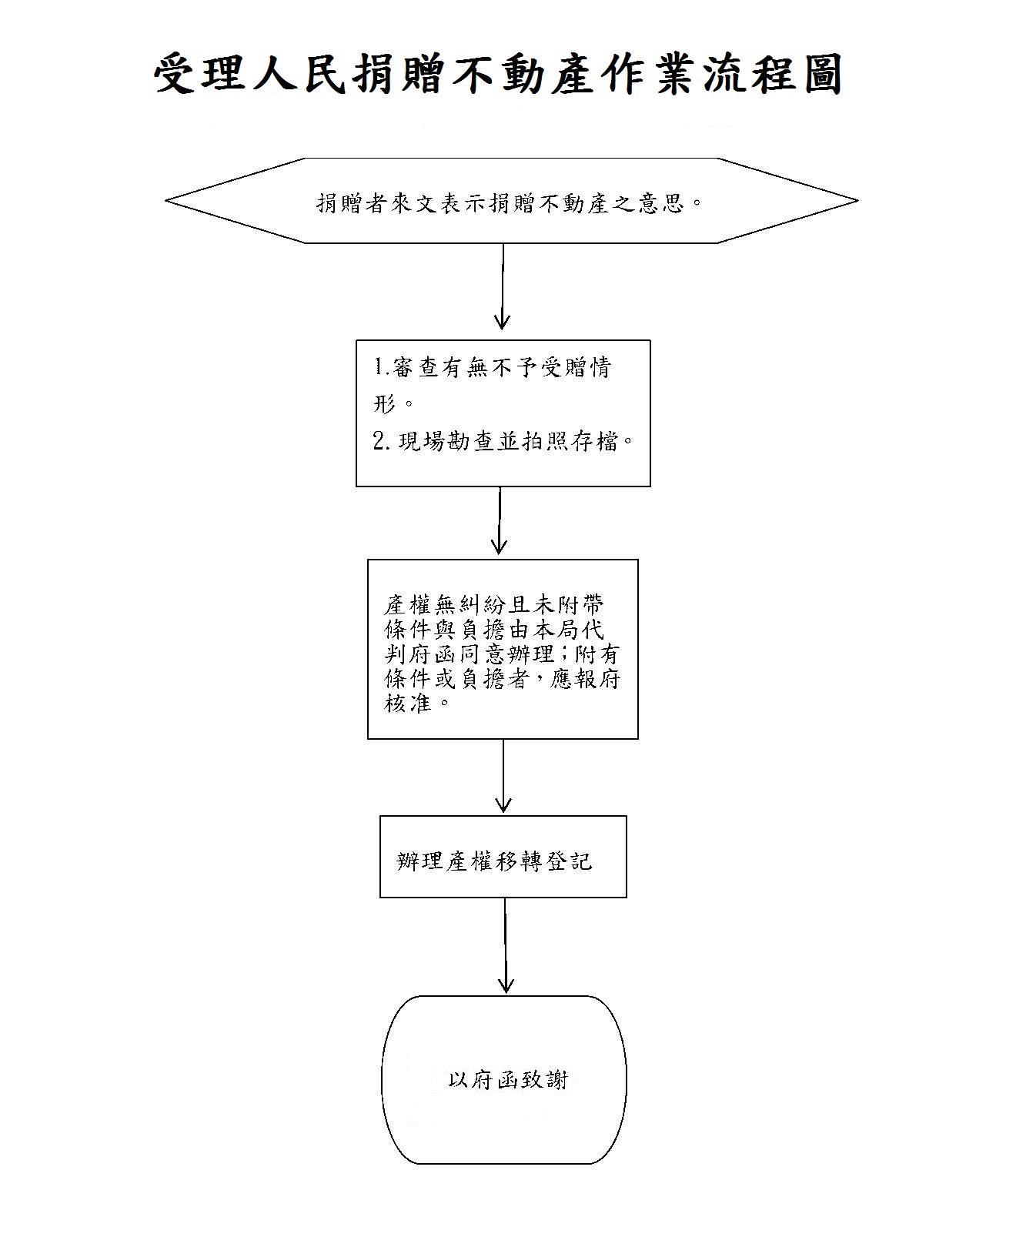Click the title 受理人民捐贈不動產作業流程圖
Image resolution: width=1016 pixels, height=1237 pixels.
point(498,74)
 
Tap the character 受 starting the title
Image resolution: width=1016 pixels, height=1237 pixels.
point(174,74)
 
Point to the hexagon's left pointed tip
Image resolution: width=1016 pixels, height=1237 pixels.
point(166,201)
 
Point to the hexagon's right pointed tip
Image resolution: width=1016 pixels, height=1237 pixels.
point(857,201)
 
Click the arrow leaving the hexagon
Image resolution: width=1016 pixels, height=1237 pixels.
point(502,286)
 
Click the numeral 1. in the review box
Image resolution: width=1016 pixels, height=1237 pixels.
point(382,366)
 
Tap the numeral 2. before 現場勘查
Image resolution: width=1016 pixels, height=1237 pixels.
point(381,441)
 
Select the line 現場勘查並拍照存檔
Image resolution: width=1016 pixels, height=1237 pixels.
point(508,441)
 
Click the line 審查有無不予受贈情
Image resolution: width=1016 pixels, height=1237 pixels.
point(502,367)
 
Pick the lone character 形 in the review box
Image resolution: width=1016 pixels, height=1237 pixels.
point(385,403)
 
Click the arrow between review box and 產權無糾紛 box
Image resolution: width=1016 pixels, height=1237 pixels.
point(500,520)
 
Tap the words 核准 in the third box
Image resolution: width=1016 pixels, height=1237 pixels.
point(408,703)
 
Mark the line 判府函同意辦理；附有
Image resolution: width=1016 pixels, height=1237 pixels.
point(502,654)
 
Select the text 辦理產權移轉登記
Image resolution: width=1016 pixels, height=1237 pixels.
point(494,861)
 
